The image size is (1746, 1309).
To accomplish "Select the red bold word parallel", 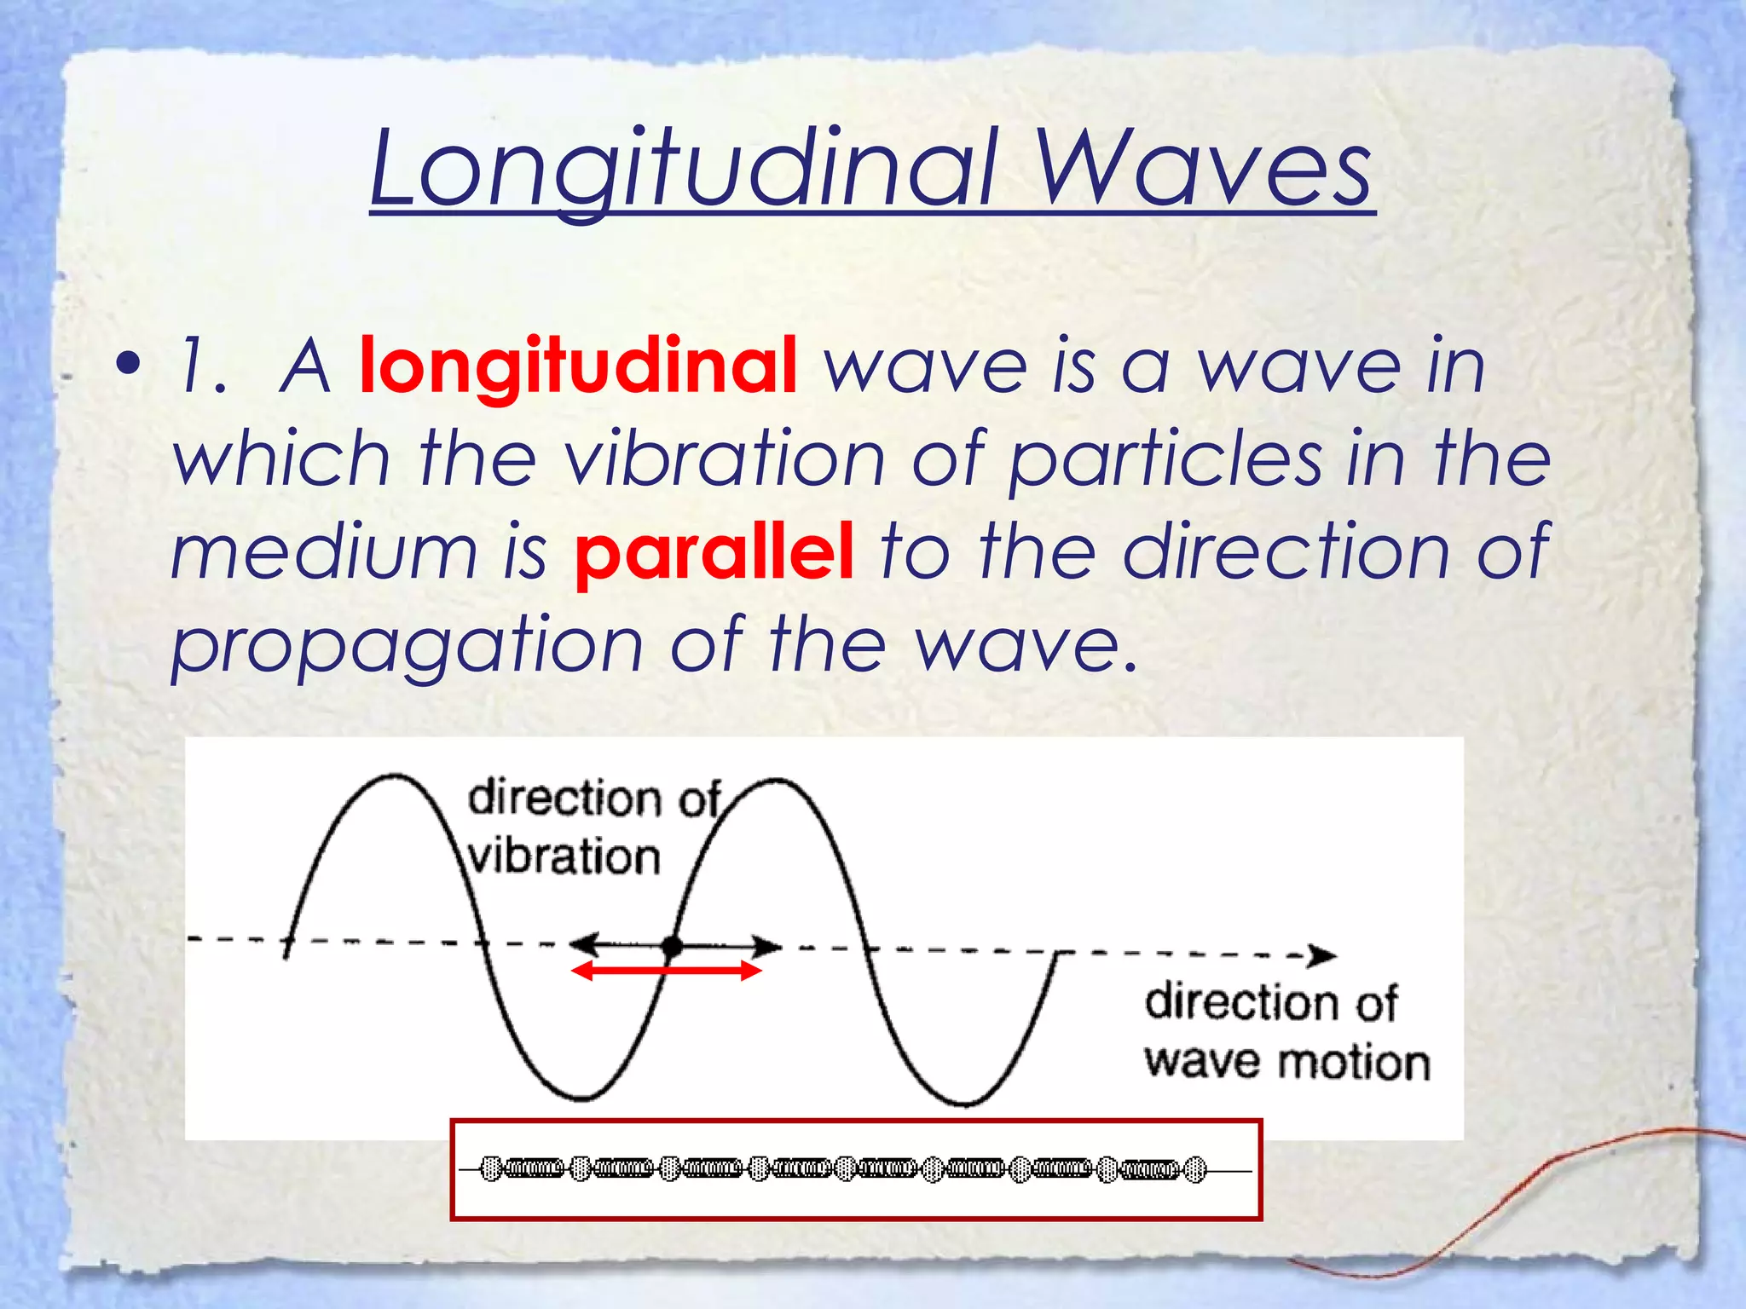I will [714, 552].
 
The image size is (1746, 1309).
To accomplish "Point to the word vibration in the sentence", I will [726, 459].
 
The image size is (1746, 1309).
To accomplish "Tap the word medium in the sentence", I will [324, 552].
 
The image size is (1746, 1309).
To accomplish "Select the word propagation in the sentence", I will [408, 647].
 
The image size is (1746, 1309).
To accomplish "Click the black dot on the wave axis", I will [673, 945].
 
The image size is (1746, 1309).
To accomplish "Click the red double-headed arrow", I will [666, 971].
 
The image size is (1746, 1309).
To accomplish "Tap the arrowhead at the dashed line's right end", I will [1324, 955].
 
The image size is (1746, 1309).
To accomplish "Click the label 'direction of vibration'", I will [592, 827].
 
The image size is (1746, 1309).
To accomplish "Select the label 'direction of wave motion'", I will [1286, 1032].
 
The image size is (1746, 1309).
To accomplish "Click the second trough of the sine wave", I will [965, 1103].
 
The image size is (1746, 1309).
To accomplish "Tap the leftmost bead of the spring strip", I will [491, 1168].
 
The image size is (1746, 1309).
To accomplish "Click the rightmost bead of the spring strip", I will [1196, 1170].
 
